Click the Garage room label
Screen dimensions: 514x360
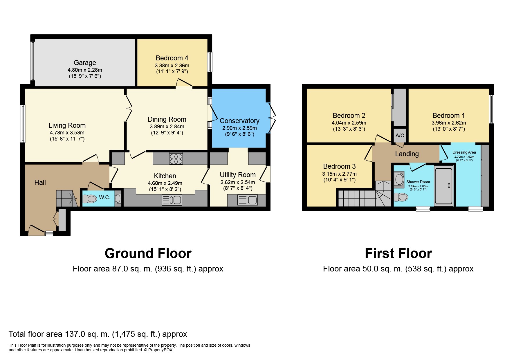pos(85,63)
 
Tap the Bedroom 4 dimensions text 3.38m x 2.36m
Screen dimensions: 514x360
pos(172,66)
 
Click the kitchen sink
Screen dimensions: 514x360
pos(172,200)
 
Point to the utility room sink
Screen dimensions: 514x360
pos(247,200)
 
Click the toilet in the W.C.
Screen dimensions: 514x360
pos(90,199)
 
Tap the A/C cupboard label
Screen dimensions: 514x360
pos(400,136)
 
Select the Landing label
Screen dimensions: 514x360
pos(407,154)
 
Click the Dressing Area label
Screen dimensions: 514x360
pos(464,152)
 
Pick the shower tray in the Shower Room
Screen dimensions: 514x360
pos(443,186)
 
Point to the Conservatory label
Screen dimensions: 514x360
pos(239,121)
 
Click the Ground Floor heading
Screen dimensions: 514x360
pos(148,253)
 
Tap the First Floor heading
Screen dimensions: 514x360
pos(398,253)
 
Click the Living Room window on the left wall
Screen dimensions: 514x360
pos(23,124)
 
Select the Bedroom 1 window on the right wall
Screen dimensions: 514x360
pos(491,109)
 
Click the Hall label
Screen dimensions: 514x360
pos(40,183)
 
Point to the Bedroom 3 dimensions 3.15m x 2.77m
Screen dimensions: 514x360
pos(339,174)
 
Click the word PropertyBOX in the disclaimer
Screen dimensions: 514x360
pos(160,350)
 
